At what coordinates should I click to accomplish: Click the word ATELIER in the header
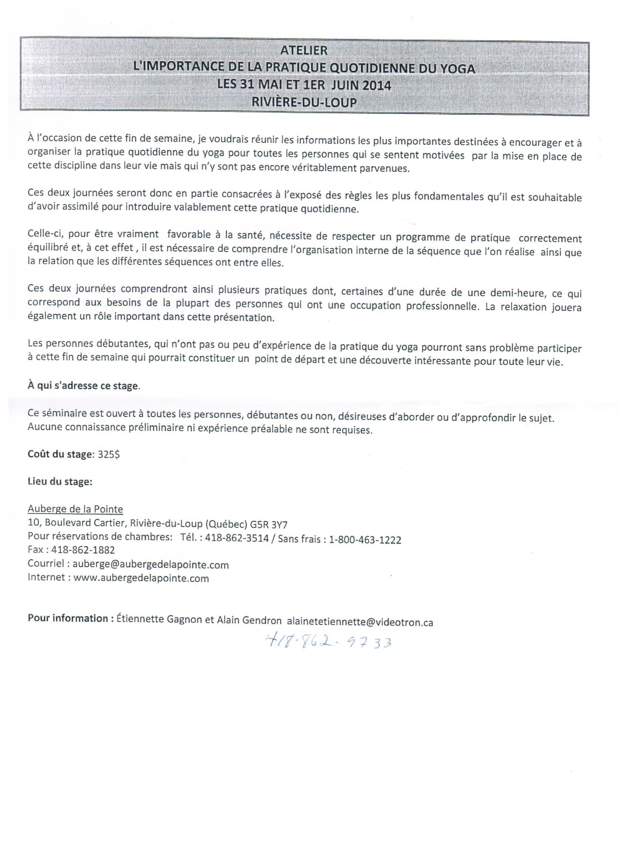pyautogui.click(x=304, y=50)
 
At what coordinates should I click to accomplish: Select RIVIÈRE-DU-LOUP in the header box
pyautogui.click(x=304, y=102)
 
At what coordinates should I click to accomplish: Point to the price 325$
pyautogui.click(x=109, y=455)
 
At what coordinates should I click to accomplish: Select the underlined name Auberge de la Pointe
pyautogui.click(x=75, y=509)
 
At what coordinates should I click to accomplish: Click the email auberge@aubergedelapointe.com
pyautogui.click(x=150, y=564)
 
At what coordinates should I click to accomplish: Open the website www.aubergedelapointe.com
pyautogui.click(x=141, y=578)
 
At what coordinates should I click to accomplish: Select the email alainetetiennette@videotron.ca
pyautogui.click(x=360, y=622)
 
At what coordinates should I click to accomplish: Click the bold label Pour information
pyautogui.click(x=67, y=619)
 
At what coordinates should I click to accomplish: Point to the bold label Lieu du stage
pyautogui.click(x=60, y=482)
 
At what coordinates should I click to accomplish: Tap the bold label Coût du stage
pyautogui.click(x=60, y=454)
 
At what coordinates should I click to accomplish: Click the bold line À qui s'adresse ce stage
pyautogui.click(x=83, y=386)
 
